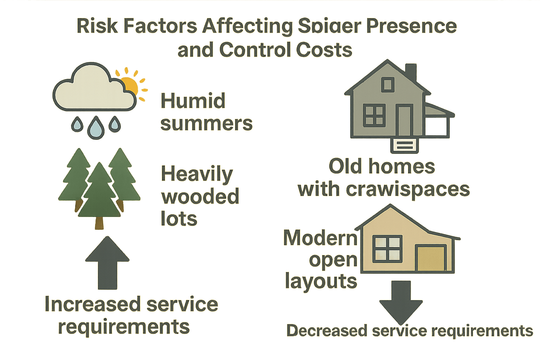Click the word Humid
click(x=193, y=101)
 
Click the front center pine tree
click(x=99, y=197)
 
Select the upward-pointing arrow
click(x=107, y=262)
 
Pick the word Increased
click(x=93, y=304)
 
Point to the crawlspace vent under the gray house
click(x=405, y=145)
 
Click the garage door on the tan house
click(x=431, y=259)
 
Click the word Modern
click(x=320, y=238)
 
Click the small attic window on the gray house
click(x=387, y=85)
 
